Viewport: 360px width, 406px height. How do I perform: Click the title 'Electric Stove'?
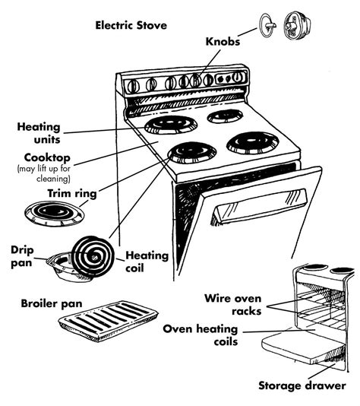click(131, 25)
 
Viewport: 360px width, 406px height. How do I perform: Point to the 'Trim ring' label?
click(72, 194)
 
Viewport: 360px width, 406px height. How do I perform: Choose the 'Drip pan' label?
click(22, 255)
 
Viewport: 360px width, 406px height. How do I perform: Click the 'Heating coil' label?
click(147, 261)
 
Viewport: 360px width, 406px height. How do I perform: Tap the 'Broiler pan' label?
click(51, 303)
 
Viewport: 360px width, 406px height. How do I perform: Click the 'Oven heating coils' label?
click(201, 335)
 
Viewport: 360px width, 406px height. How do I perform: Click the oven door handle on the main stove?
click(257, 205)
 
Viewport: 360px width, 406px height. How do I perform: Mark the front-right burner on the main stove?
click(252, 141)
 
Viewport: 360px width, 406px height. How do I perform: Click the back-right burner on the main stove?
click(226, 116)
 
